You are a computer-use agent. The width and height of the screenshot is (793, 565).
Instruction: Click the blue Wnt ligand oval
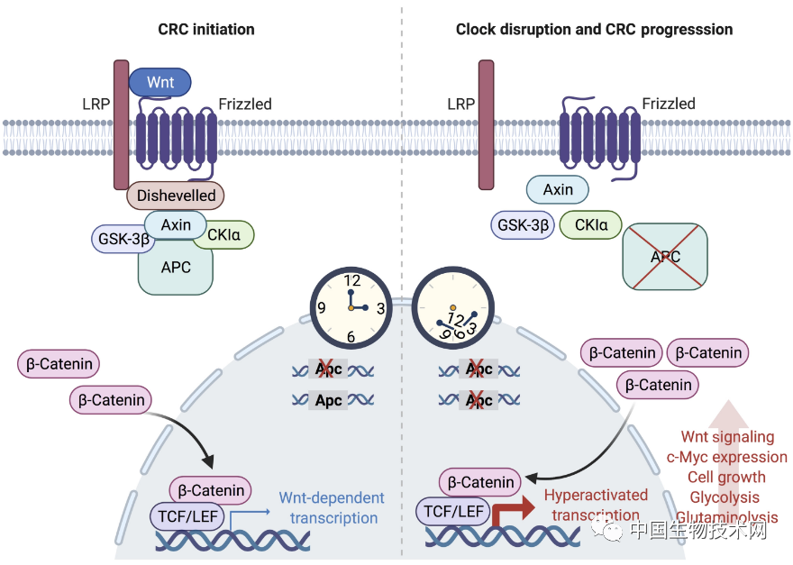[x=160, y=82]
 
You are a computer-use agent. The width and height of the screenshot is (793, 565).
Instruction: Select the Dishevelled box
[x=176, y=195]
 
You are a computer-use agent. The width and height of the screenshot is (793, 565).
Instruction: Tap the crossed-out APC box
[x=665, y=257]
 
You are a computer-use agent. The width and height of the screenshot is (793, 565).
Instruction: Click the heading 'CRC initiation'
[x=206, y=30]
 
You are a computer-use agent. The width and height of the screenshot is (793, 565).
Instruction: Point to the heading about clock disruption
[x=594, y=30]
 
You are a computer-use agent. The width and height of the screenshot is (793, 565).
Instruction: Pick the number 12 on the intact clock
[x=351, y=281]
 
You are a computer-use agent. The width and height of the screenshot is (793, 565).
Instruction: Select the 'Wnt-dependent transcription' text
[x=330, y=508]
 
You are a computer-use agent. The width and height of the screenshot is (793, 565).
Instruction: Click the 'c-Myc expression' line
[x=726, y=457]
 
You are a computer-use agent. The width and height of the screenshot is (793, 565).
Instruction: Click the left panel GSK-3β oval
[x=123, y=238]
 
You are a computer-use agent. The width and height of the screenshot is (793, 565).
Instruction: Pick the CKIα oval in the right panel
[x=590, y=224]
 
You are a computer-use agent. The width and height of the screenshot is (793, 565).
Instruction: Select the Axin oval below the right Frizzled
[x=559, y=189]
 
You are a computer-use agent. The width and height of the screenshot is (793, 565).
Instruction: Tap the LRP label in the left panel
[x=95, y=105]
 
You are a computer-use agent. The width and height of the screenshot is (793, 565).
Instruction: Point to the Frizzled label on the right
[x=668, y=105]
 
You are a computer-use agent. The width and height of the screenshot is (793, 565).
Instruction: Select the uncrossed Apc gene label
[x=328, y=399]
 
